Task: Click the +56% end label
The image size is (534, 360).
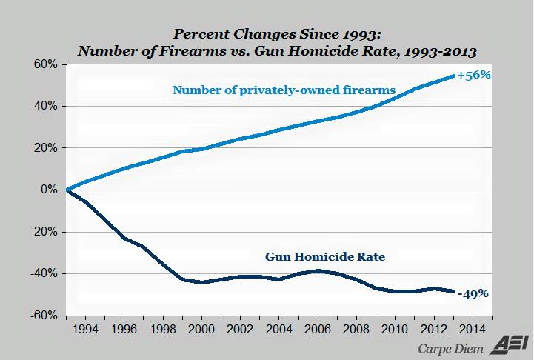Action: click(474, 76)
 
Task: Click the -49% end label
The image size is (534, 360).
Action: click(473, 293)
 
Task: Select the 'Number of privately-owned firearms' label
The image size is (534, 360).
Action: click(284, 90)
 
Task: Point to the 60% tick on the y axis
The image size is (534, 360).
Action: click(44, 64)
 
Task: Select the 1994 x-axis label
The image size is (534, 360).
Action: click(87, 327)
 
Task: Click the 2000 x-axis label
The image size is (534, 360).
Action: click(202, 327)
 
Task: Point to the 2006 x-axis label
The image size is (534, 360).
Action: click(317, 327)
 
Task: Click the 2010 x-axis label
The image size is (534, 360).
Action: click(394, 327)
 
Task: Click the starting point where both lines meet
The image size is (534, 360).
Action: click(67, 190)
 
